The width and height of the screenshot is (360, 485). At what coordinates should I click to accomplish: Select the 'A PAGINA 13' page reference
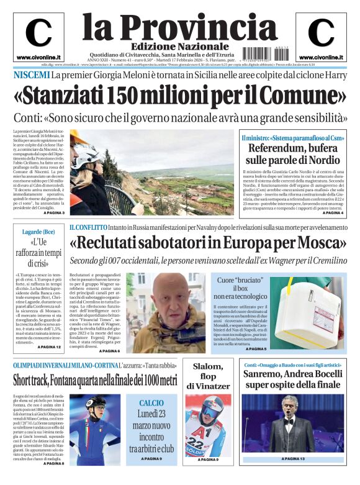click(293, 476)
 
